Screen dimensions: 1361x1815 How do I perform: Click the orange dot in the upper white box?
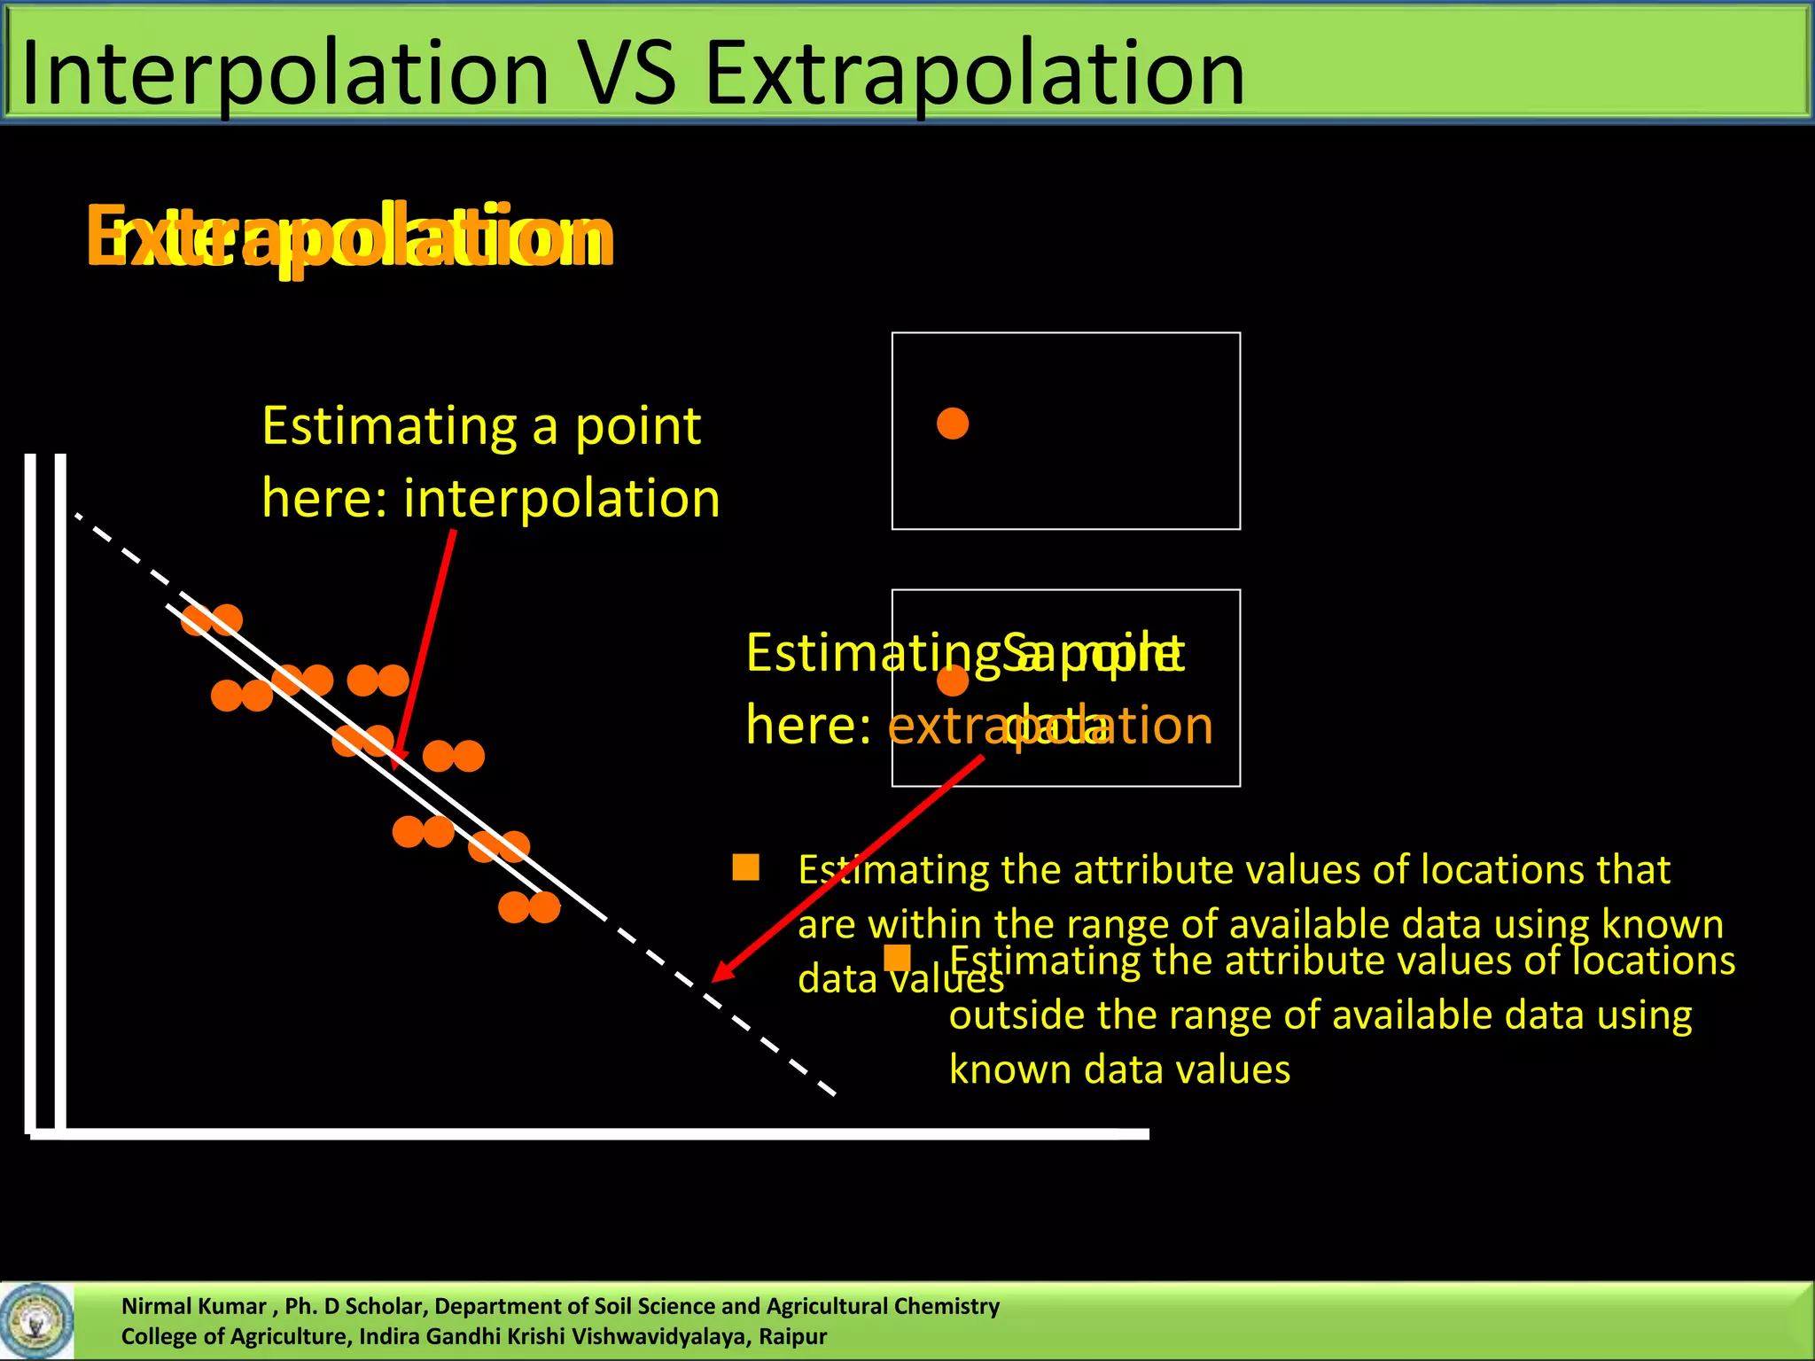click(953, 424)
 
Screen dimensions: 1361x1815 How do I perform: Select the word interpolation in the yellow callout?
click(561, 498)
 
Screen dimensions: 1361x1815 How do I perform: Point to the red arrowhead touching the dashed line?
click(721, 973)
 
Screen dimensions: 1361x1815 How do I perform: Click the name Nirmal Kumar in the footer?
click(193, 1306)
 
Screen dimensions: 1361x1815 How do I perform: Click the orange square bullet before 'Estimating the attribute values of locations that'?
click(746, 867)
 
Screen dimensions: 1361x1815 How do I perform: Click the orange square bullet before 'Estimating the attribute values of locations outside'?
click(898, 958)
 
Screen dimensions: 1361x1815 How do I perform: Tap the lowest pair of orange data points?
click(529, 907)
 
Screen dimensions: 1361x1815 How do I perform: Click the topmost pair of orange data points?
click(212, 619)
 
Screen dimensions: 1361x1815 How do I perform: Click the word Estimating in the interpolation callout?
click(389, 426)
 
